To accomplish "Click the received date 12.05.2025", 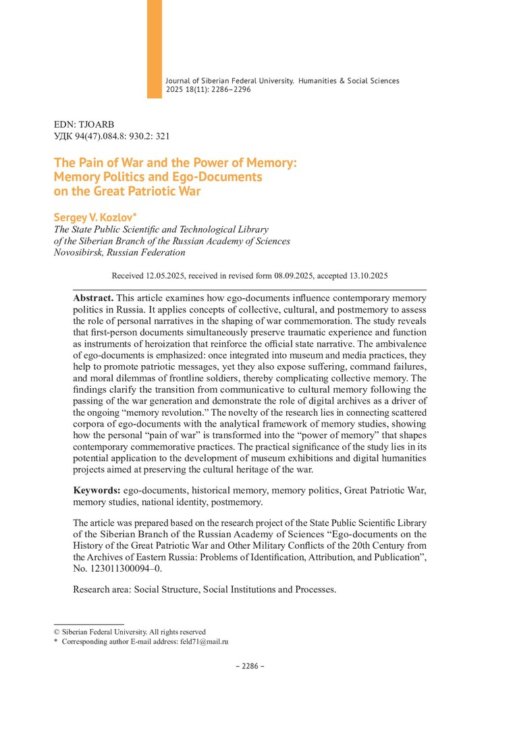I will [x=164, y=276].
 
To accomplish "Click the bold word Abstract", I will [x=94, y=298].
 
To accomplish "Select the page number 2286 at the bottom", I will [x=250, y=666].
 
